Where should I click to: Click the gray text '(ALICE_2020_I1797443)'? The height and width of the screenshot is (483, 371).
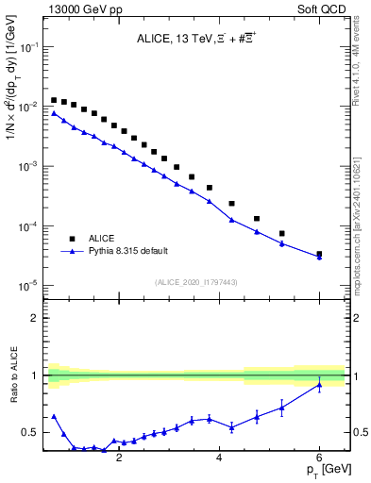tap(195, 282)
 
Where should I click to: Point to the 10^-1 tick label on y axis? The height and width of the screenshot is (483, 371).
tap(27, 46)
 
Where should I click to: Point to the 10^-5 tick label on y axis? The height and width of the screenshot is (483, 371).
tap(27, 285)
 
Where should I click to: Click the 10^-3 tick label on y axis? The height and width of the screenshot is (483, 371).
tap(27, 166)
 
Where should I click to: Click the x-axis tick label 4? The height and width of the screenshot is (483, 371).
tap(219, 458)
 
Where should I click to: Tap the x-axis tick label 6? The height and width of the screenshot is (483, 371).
tap(319, 458)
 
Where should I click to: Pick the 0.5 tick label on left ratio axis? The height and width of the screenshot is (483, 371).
tap(30, 433)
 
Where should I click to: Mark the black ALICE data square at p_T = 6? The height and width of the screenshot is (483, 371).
tap(319, 254)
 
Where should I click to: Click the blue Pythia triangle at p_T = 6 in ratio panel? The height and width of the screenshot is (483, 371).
tap(319, 384)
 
